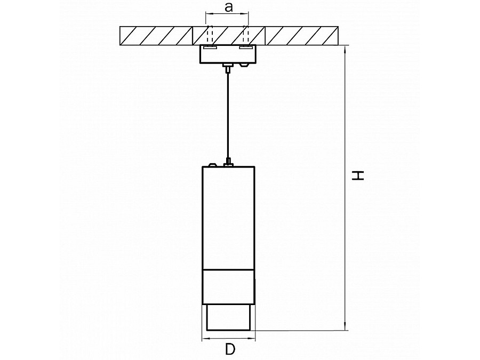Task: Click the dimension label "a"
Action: (x=228, y=7)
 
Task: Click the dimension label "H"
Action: (x=357, y=175)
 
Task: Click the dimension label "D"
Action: (x=230, y=349)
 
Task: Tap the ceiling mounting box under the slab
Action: (x=227, y=54)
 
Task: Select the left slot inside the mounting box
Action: (x=211, y=48)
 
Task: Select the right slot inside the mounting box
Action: (x=245, y=48)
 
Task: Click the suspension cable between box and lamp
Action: (x=228, y=115)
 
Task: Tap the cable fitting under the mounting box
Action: (x=228, y=68)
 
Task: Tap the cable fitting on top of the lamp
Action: (x=228, y=162)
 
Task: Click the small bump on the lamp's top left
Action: (x=212, y=165)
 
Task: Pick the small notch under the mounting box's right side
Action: (x=244, y=65)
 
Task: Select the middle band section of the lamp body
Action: (x=228, y=287)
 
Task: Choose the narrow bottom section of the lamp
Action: (x=228, y=317)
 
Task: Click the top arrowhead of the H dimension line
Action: (x=345, y=49)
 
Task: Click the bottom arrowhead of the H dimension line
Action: (x=345, y=327)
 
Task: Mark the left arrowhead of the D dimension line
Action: (x=206, y=338)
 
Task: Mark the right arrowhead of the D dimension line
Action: (x=251, y=338)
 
